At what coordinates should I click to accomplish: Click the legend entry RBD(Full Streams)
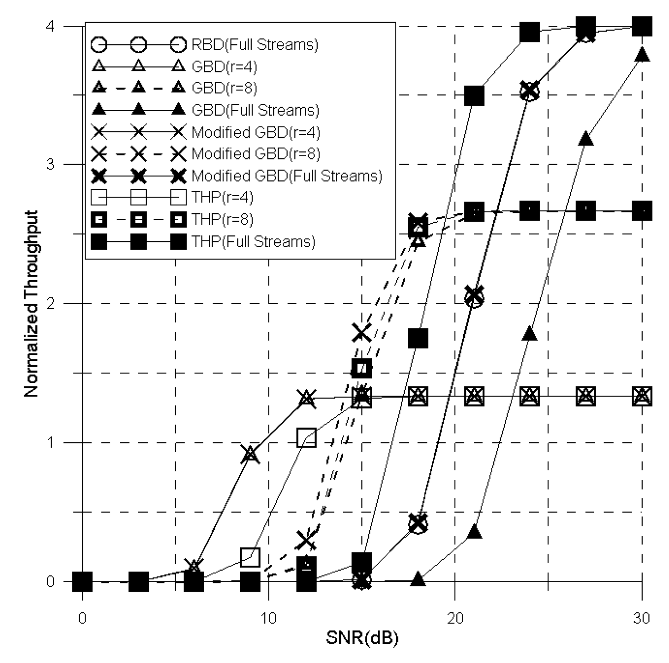tap(255, 45)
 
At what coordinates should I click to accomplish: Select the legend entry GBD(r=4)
tap(224, 67)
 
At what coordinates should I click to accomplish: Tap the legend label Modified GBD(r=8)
tap(256, 154)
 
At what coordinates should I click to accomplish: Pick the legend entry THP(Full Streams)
tap(253, 242)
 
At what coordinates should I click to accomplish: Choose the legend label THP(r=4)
tap(222, 198)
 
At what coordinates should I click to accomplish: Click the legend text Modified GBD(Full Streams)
tap(286, 176)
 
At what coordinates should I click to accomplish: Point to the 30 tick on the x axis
tap(642, 618)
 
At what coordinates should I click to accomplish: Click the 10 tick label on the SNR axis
tap(269, 618)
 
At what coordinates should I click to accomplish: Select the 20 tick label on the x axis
tap(455, 618)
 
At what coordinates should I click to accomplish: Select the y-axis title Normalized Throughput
tap(31, 304)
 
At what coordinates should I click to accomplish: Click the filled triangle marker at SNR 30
tap(642, 54)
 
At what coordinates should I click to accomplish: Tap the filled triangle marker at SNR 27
tap(586, 139)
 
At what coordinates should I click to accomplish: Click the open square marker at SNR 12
tap(307, 438)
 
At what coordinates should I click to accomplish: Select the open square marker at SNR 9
tap(250, 556)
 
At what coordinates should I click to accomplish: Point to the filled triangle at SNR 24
tap(530, 334)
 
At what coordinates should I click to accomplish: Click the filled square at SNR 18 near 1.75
tap(418, 338)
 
